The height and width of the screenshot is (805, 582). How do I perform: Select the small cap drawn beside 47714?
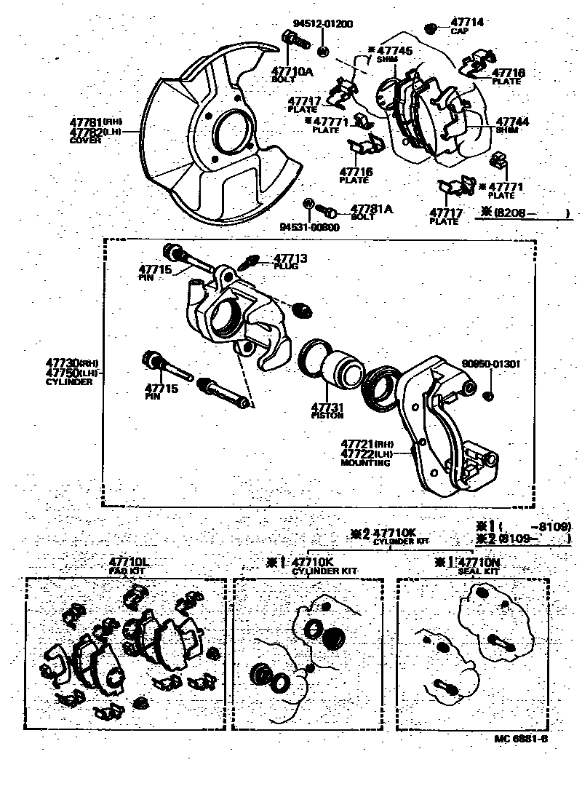(x=431, y=29)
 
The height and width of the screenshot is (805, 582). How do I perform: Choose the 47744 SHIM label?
(x=512, y=125)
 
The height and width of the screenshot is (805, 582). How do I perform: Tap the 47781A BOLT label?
(x=371, y=213)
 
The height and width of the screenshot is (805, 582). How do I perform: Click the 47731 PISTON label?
(x=327, y=411)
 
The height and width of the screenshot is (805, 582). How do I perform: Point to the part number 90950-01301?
(x=491, y=363)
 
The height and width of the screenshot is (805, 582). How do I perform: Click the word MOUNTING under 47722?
(x=366, y=463)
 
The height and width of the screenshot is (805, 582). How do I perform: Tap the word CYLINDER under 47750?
(x=69, y=381)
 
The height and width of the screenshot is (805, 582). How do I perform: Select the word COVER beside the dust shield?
(x=84, y=140)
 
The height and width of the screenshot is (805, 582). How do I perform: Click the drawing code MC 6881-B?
(x=520, y=739)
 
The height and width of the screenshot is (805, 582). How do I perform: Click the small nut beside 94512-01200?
(x=323, y=52)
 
